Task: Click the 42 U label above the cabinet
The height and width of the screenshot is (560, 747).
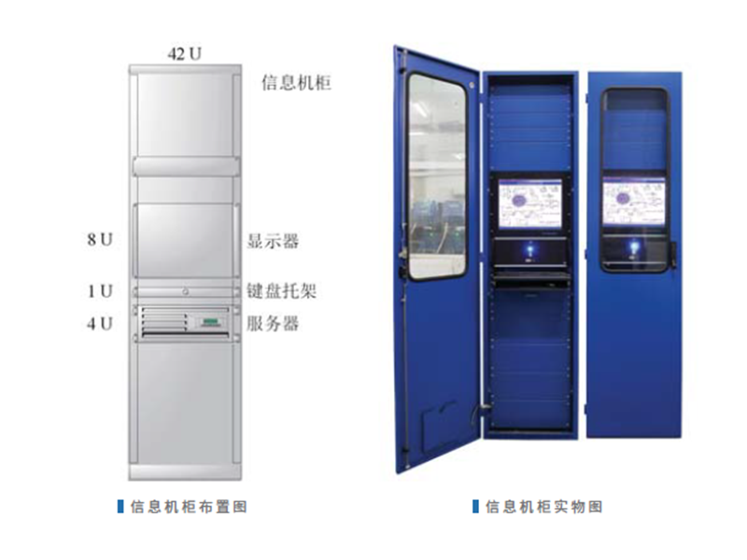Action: tap(184, 54)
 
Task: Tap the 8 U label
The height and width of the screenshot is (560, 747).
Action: tap(100, 241)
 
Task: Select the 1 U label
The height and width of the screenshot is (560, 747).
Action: tap(100, 291)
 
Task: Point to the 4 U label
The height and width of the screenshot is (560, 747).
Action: tap(100, 324)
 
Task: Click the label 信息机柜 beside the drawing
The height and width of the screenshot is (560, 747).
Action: tap(296, 83)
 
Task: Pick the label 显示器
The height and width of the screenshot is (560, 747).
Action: tap(273, 241)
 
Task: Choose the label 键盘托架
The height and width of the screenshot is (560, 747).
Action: tap(281, 291)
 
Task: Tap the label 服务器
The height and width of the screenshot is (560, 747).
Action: tap(273, 324)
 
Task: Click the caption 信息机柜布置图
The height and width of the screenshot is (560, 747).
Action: tap(188, 507)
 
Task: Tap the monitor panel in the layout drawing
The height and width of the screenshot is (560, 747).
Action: tap(184, 240)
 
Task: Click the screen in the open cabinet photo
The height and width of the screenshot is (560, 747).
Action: tap(529, 204)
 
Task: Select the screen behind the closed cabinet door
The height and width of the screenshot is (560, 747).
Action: tap(634, 203)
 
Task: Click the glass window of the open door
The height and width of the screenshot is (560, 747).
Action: tap(436, 175)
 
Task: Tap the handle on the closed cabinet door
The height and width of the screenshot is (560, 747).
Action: tap(674, 256)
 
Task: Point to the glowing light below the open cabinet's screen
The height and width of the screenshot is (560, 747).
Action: tap(529, 249)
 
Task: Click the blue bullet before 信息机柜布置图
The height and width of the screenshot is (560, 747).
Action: tap(120, 507)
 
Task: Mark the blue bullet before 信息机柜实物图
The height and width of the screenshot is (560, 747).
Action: tap(476, 507)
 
